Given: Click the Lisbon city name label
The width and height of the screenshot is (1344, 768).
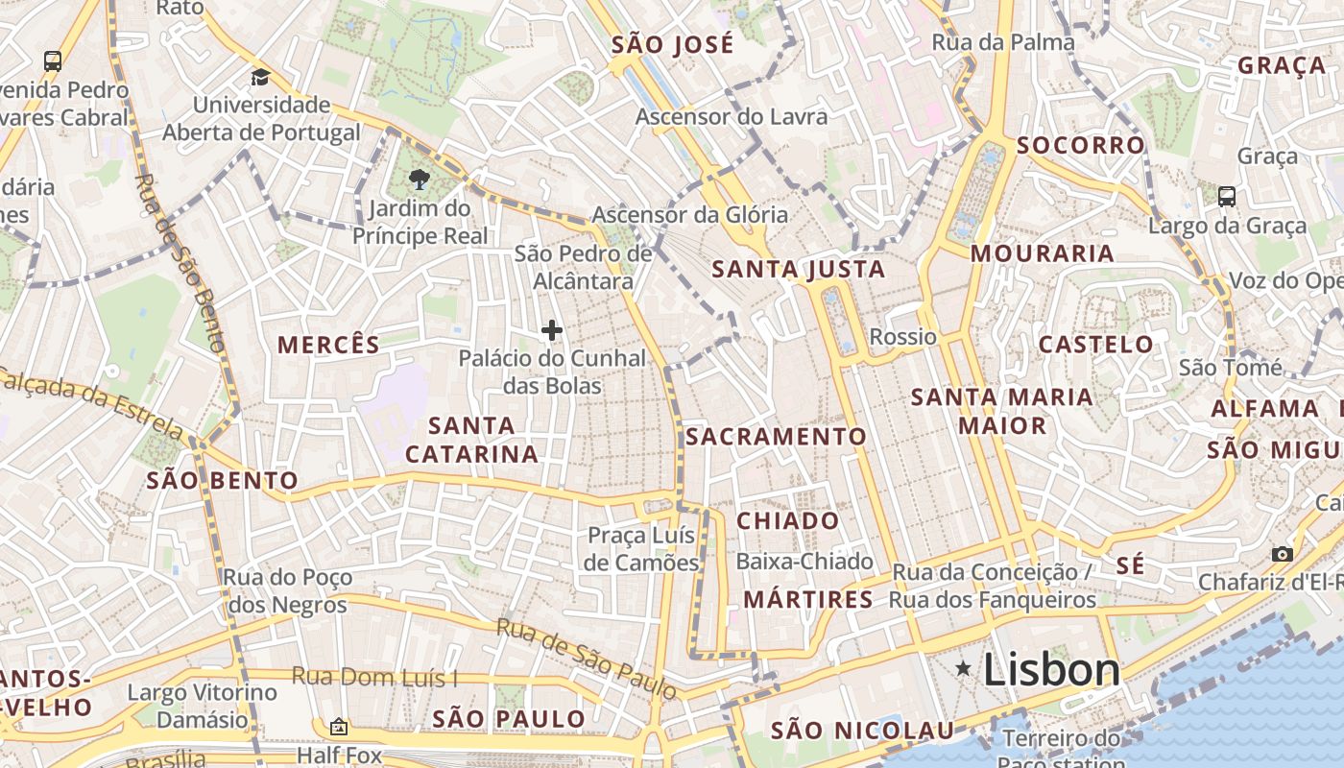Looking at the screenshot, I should pyautogui.click(x=1051, y=670).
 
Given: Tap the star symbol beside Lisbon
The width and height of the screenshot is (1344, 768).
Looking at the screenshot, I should pyautogui.click(x=963, y=668).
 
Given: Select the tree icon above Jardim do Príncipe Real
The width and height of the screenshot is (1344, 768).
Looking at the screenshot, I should pyautogui.click(x=419, y=179).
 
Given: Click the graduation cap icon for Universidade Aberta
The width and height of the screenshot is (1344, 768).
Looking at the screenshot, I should pyautogui.click(x=260, y=78).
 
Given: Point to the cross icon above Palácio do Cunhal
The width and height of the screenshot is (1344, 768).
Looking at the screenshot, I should pyautogui.click(x=552, y=330).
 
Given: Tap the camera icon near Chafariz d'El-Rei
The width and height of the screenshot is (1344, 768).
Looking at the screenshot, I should pyautogui.click(x=1282, y=554).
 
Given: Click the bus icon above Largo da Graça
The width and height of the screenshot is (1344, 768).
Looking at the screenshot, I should pyautogui.click(x=1227, y=197).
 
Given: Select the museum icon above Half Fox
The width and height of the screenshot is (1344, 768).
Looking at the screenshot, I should pyautogui.click(x=338, y=727).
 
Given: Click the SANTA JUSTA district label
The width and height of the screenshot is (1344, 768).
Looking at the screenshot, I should pyautogui.click(x=799, y=270).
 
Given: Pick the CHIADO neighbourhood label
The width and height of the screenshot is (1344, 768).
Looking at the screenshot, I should pyautogui.click(x=788, y=521).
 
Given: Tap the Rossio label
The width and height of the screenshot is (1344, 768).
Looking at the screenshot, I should pyautogui.click(x=902, y=337).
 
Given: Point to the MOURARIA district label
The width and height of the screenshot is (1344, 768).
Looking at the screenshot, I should pyautogui.click(x=1042, y=253).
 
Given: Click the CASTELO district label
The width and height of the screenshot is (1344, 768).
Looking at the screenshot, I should pyautogui.click(x=1096, y=344).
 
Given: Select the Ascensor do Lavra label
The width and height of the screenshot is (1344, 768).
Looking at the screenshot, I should pyautogui.click(x=732, y=116).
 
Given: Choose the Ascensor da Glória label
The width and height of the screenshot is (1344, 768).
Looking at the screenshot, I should pyautogui.click(x=689, y=214).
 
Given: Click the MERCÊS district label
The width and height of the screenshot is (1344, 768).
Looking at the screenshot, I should pyautogui.click(x=328, y=344).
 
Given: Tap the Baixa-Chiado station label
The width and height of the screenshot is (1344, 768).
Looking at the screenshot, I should pyautogui.click(x=804, y=562).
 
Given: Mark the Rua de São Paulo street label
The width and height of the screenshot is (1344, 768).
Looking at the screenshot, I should pyautogui.click(x=586, y=658).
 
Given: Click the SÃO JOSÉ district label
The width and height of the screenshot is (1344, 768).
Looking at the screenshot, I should pyautogui.click(x=672, y=44).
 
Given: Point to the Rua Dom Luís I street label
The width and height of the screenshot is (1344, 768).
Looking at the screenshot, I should pyautogui.click(x=374, y=677).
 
